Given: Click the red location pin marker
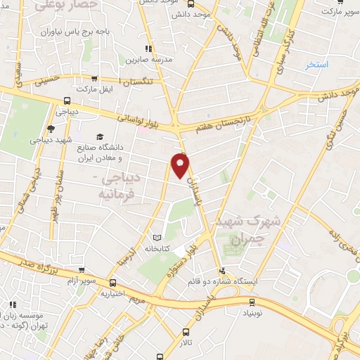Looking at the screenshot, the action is [x=181, y=166].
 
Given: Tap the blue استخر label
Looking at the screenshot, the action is [x=317, y=65].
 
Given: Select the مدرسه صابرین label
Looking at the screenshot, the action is [x=145, y=60].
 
